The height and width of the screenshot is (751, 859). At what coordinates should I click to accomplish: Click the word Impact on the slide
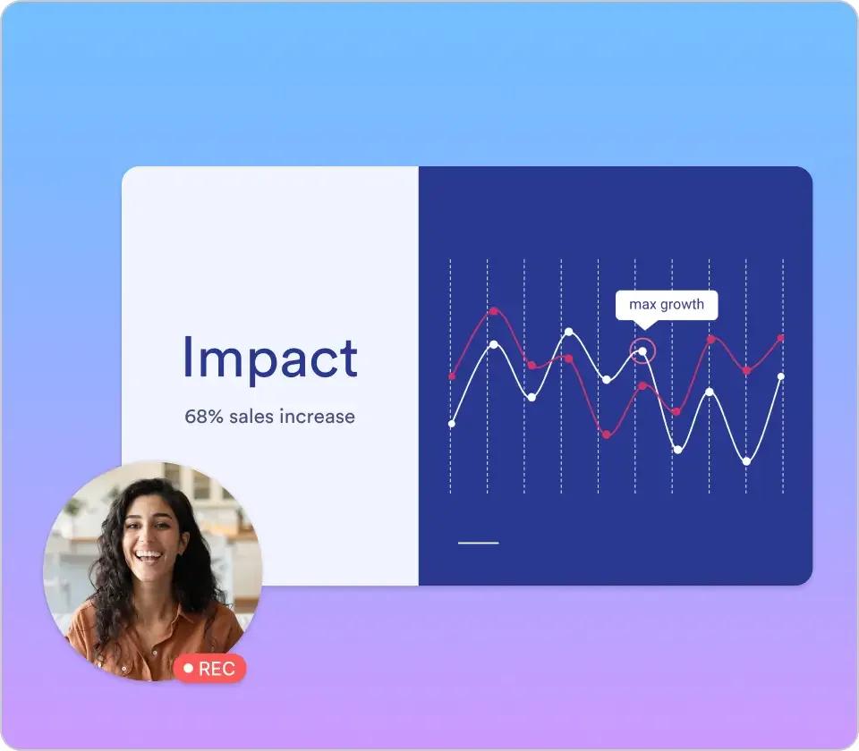tap(270, 359)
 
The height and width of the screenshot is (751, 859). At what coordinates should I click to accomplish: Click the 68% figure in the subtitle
tap(204, 417)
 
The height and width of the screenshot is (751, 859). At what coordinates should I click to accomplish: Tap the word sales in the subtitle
tap(251, 417)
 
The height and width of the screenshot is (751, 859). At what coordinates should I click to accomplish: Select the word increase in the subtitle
tap(317, 417)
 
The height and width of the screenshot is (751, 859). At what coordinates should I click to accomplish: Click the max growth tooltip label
tap(666, 304)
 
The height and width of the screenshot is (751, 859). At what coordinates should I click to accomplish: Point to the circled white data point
tap(642, 350)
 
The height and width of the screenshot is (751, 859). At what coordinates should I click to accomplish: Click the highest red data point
tap(494, 311)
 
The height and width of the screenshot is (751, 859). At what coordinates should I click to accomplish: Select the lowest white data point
tap(746, 461)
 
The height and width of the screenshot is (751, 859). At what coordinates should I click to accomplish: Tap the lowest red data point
tap(607, 435)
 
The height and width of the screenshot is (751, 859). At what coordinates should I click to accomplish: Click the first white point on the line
tap(451, 424)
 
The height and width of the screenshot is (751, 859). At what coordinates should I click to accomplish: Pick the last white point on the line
tap(781, 376)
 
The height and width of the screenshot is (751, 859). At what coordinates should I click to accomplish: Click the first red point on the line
tap(451, 376)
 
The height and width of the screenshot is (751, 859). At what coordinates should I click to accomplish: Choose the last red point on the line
tap(781, 338)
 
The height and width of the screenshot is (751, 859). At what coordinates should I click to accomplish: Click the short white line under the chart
tap(478, 543)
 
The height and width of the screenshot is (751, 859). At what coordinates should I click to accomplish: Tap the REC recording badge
tap(209, 669)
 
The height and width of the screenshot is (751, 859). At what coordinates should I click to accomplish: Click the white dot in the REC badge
tap(189, 669)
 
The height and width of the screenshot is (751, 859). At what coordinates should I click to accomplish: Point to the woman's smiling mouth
tap(149, 557)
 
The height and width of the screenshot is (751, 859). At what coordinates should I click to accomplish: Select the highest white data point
tap(569, 332)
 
